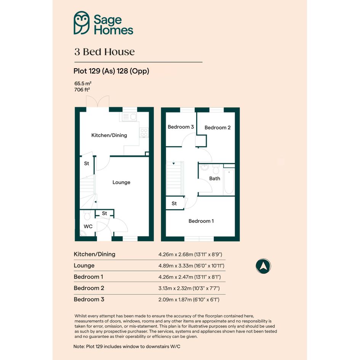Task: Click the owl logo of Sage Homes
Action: click(x=82, y=23)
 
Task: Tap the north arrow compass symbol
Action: click(x=263, y=266)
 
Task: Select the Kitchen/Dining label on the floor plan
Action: click(x=109, y=135)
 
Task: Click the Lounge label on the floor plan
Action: click(x=121, y=182)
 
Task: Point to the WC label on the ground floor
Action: click(x=88, y=226)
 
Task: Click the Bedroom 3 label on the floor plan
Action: click(x=181, y=127)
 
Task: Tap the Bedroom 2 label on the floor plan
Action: click(x=218, y=128)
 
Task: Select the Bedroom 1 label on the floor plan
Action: click(x=201, y=221)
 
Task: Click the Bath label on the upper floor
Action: click(x=215, y=178)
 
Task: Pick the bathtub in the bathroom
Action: click(x=229, y=181)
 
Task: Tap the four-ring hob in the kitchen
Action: click(x=144, y=133)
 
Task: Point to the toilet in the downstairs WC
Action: click(x=87, y=215)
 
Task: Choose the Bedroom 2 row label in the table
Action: click(x=89, y=288)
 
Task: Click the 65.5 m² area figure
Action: click(x=83, y=83)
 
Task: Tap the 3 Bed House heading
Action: click(x=104, y=52)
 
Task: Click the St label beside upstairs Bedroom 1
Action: click(x=174, y=203)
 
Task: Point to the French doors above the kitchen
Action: click(x=98, y=101)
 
